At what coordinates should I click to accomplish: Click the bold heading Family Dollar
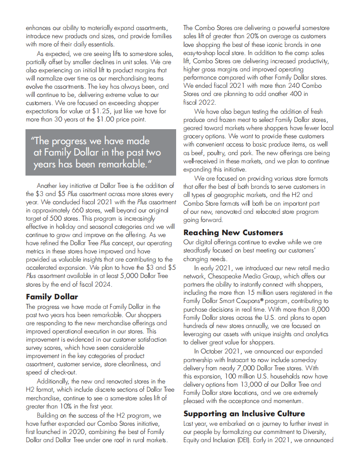click(51, 297)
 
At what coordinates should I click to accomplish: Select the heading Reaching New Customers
click(233, 232)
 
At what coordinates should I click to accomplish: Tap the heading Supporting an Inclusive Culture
click(244, 414)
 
